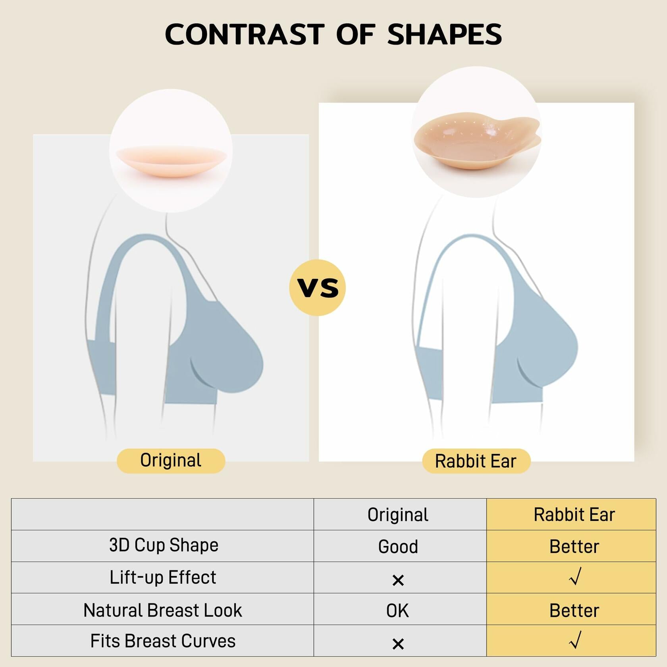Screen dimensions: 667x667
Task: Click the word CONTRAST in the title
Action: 245,34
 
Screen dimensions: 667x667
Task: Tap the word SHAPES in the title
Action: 444,34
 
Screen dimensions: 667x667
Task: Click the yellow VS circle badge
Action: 318,287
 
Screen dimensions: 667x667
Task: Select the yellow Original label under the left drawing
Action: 171,461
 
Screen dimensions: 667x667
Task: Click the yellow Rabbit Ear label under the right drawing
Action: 476,461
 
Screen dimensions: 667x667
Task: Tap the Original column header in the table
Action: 398,515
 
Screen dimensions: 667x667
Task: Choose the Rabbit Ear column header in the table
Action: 574,515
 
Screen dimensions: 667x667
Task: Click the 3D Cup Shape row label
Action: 164,545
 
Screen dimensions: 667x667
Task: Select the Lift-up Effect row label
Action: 163,577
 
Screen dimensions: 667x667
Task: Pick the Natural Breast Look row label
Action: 163,610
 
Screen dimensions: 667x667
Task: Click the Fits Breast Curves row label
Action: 163,641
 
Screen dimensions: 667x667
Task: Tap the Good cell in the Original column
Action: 398,547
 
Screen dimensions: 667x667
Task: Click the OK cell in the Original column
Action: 397,611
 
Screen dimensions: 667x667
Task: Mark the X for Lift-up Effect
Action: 398,580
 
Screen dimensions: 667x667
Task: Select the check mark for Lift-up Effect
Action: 575,576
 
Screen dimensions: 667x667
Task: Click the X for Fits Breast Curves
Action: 398,644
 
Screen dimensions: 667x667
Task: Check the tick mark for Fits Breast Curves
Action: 575,640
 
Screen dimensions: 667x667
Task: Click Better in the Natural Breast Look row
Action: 574,611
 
